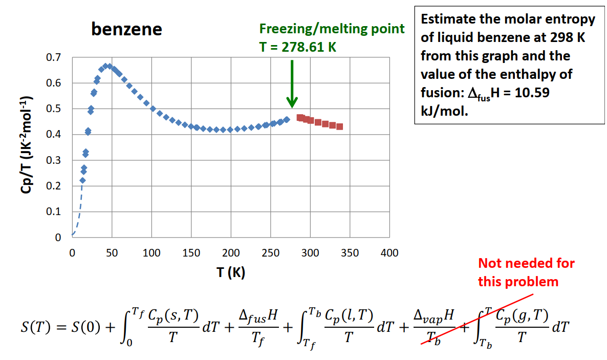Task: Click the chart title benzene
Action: point(126,30)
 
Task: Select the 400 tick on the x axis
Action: point(389,252)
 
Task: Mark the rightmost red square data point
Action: point(339,126)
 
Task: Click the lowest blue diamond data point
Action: point(82,180)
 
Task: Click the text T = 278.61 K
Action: point(298,47)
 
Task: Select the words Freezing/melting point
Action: point(332,29)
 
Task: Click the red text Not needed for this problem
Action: point(526,272)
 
